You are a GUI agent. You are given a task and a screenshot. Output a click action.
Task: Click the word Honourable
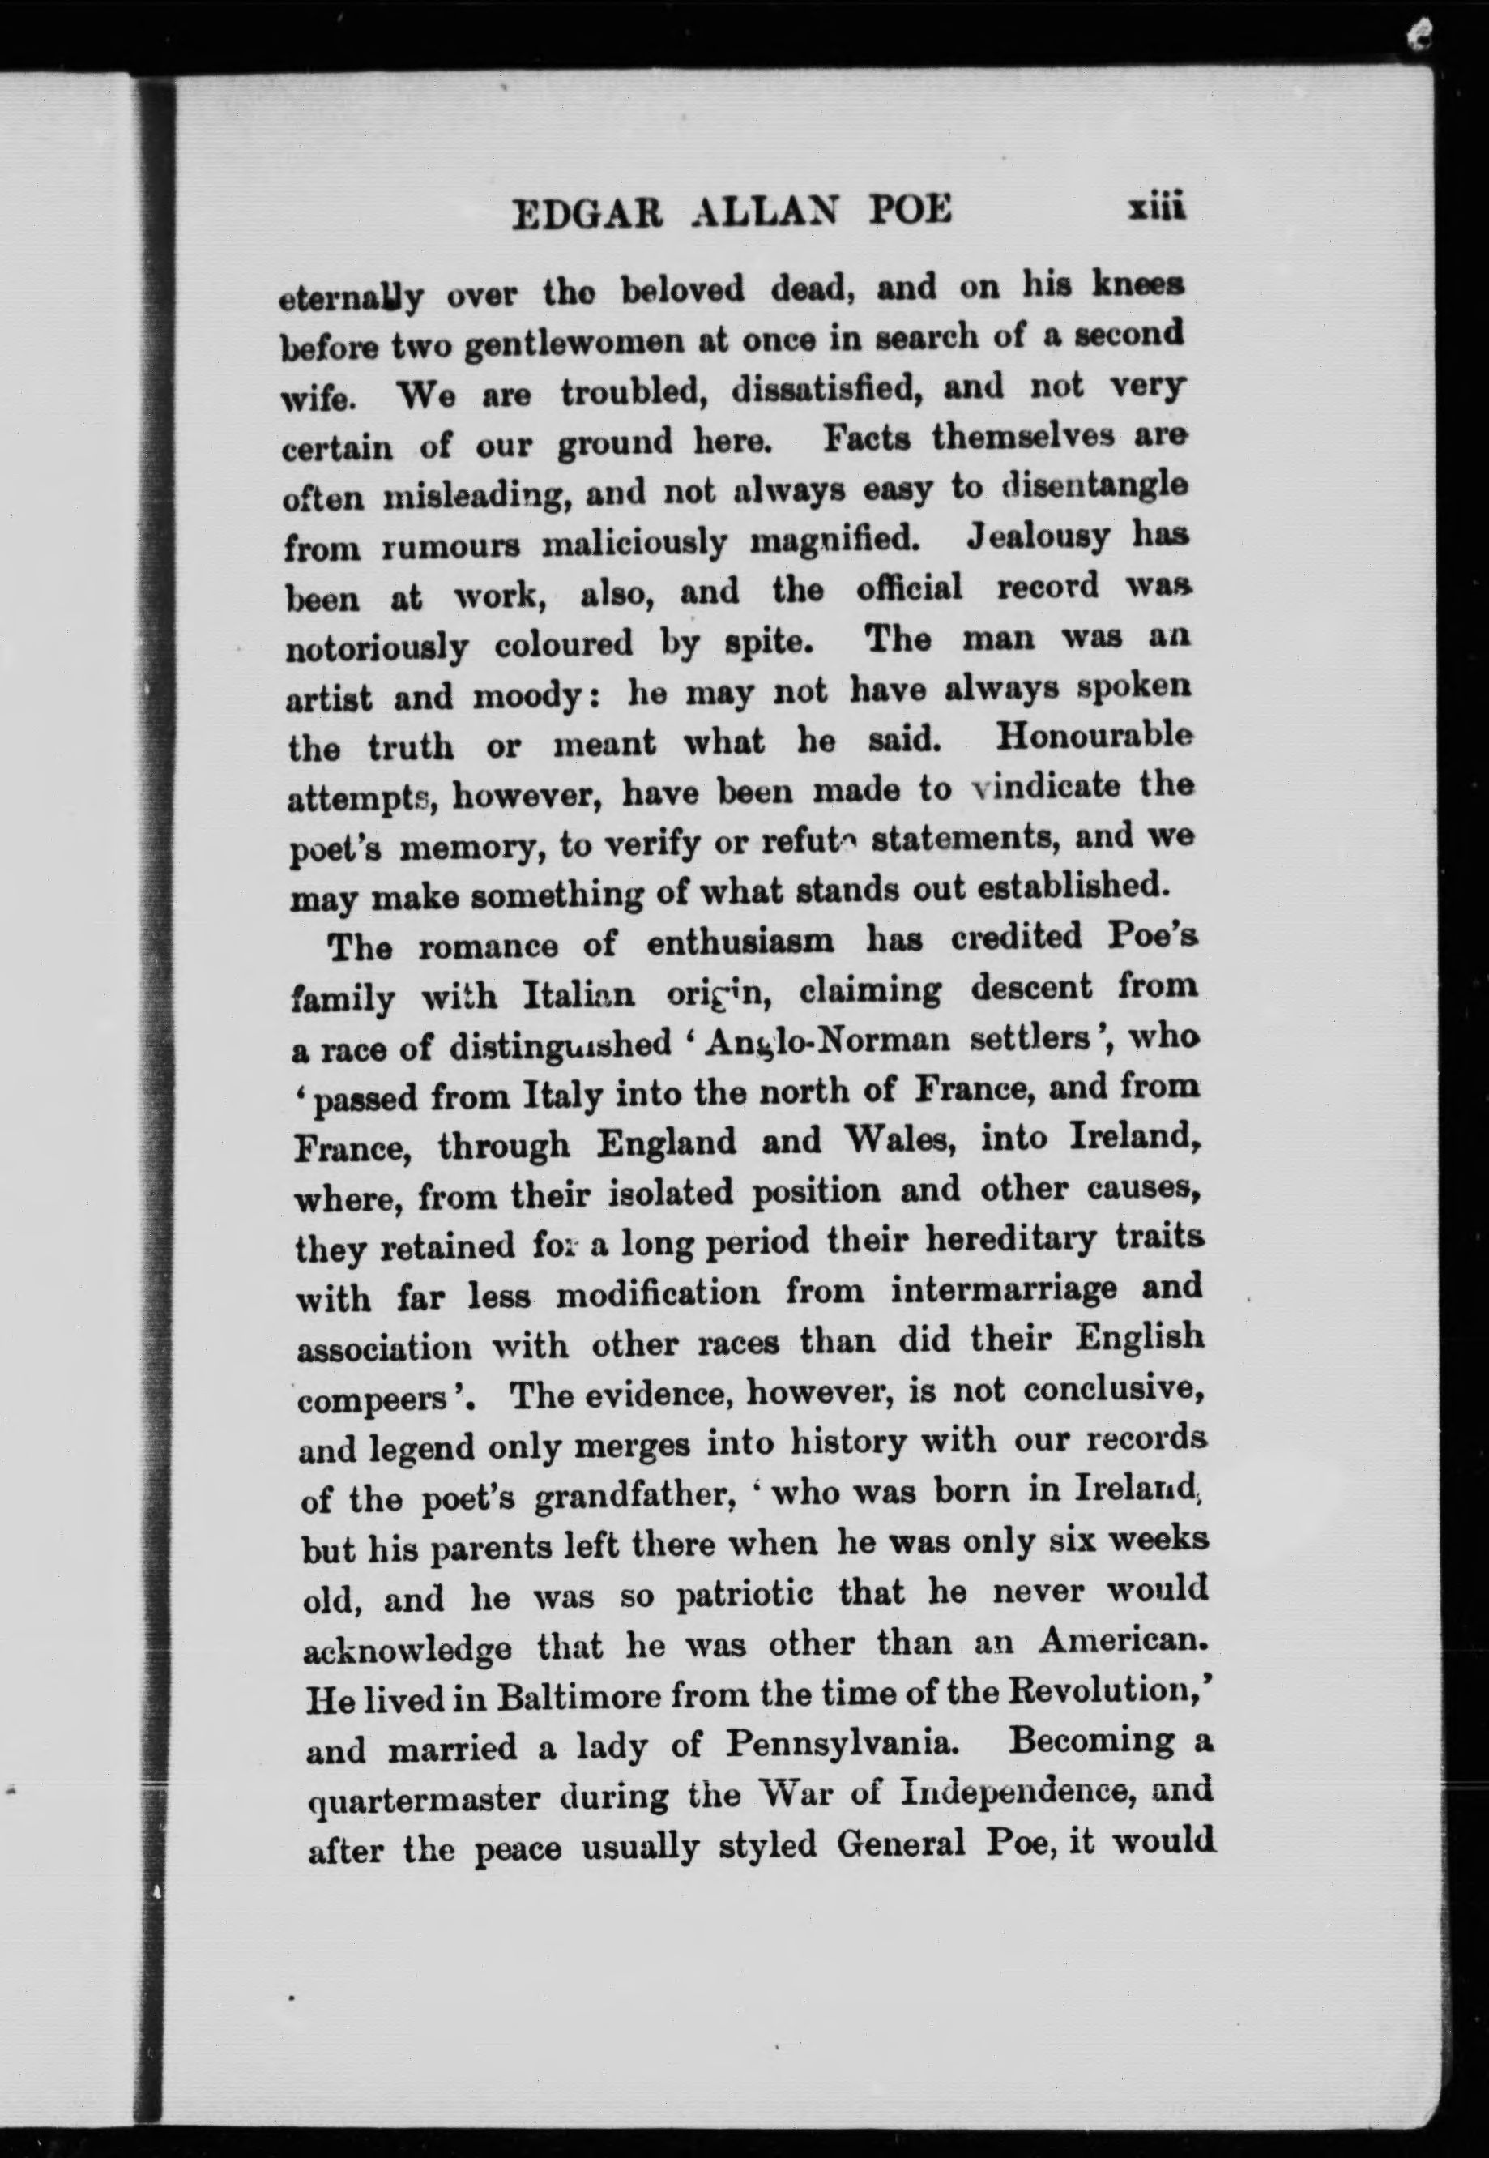click(1094, 737)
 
